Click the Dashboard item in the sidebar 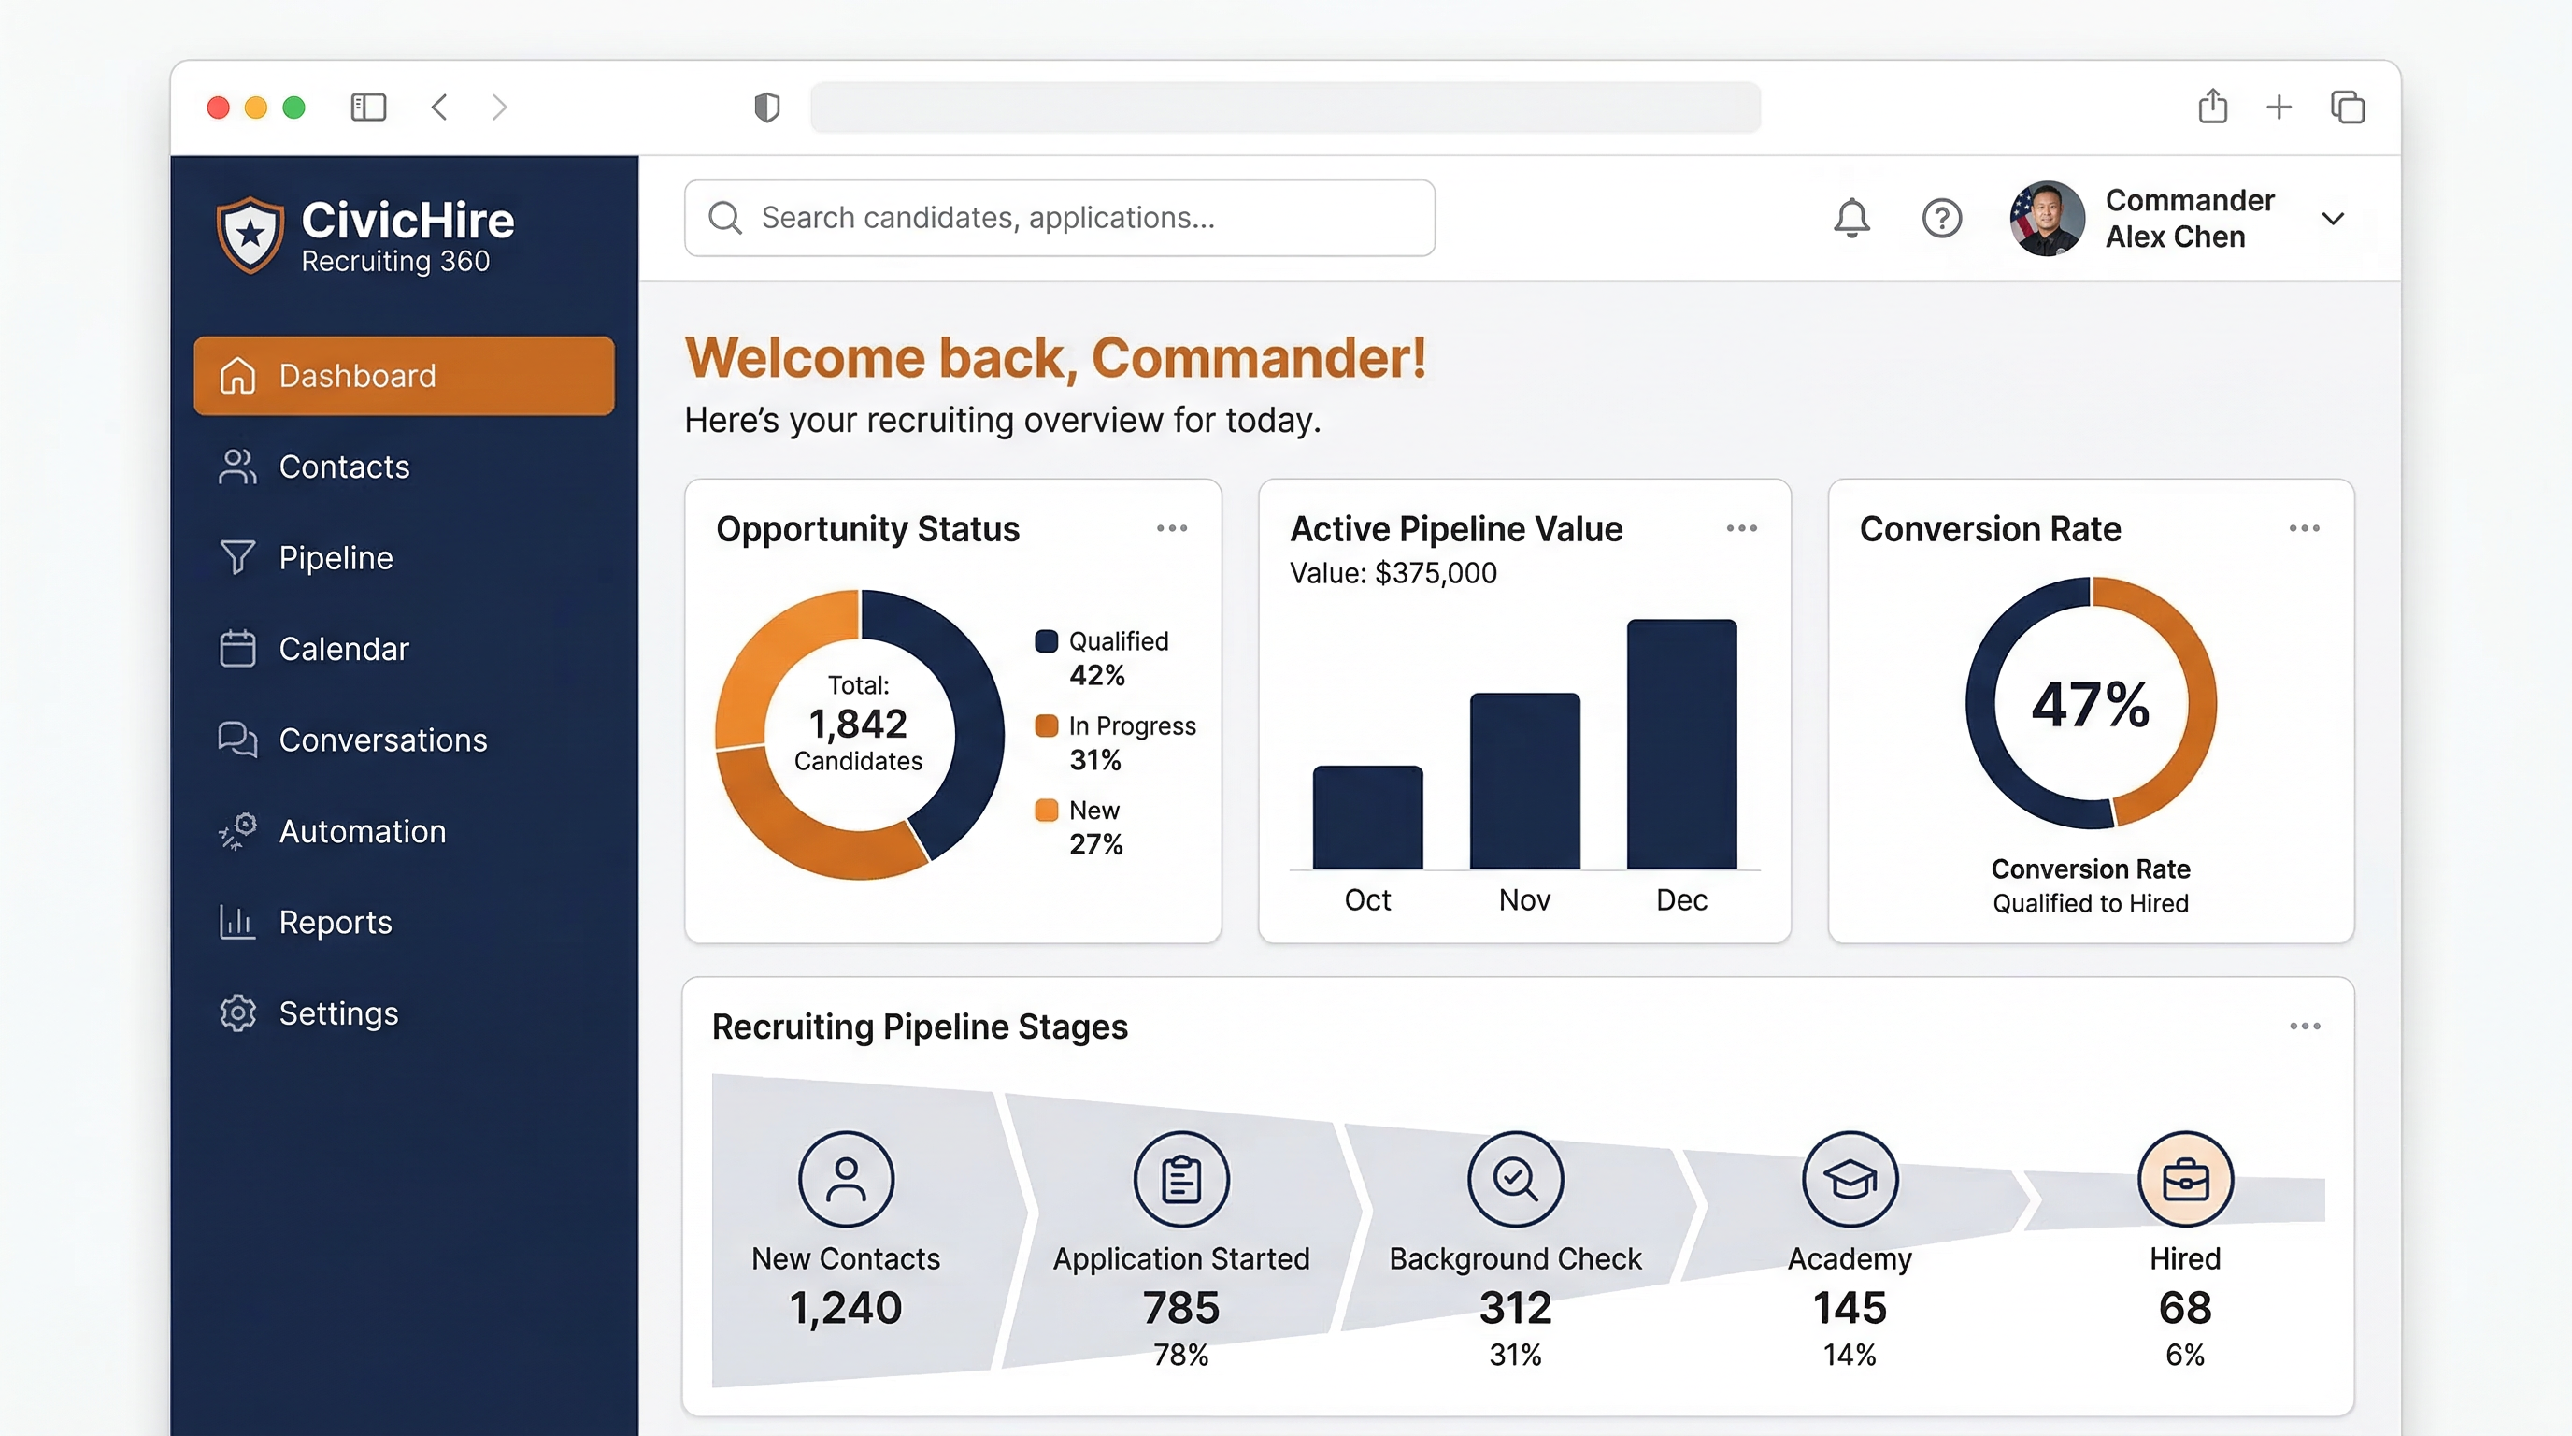click(404, 376)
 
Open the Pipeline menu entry click(336, 557)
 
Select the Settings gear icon click(237, 1012)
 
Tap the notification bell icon click(1851, 218)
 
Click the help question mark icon click(1941, 218)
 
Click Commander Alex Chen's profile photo click(2046, 219)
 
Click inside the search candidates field click(1058, 218)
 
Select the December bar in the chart click(1681, 744)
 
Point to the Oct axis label click(1367, 899)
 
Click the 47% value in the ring click(2090, 705)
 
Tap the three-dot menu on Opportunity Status click(1171, 528)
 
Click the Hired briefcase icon click(2184, 1179)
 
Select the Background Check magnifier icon click(1515, 1179)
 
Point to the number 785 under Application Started click(1180, 1307)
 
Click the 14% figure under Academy click(1850, 1355)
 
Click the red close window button click(219, 107)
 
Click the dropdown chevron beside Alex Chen click(2333, 219)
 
